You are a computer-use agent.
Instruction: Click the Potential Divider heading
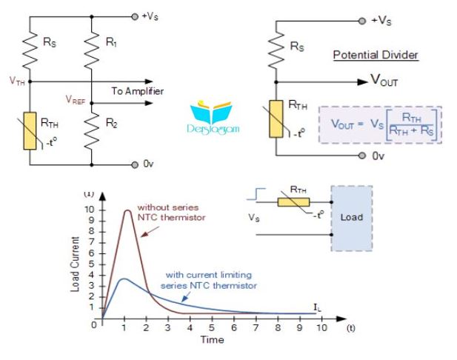[x=376, y=55]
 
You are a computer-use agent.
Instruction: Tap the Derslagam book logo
[x=213, y=116]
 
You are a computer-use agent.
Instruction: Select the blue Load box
[x=352, y=219]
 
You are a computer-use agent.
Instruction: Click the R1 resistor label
[x=111, y=42]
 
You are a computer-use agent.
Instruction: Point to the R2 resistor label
[x=111, y=123]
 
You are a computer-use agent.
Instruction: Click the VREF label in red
[x=76, y=100]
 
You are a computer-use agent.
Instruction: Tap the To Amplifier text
[x=138, y=91]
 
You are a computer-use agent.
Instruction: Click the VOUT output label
[x=384, y=79]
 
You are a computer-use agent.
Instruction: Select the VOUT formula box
[x=381, y=124]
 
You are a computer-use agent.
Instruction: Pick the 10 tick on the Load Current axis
[x=89, y=210]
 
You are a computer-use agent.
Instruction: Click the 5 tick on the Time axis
[x=212, y=327]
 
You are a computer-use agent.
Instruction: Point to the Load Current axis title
[x=75, y=264]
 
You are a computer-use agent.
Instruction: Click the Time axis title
[x=212, y=340]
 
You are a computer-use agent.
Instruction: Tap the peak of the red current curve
[x=127, y=210]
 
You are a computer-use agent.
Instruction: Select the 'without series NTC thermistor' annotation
[x=172, y=212]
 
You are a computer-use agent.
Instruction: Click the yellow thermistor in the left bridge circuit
[x=30, y=131]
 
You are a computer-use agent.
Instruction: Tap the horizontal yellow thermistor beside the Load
[x=293, y=202]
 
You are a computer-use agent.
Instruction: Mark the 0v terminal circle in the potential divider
[x=362, y=156]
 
